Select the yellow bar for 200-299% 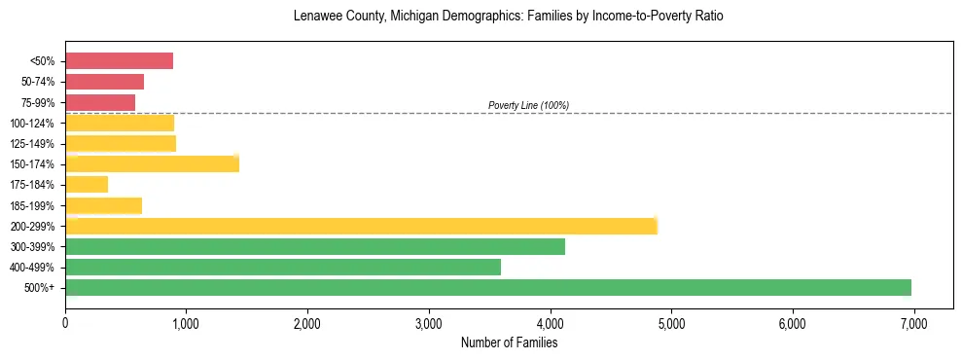pos(361,226)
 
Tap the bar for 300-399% pos(315,246)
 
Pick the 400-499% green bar pos(283,267)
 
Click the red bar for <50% pos(119,61)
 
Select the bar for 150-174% pos(152,163)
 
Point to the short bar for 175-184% pos(87,184)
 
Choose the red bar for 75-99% pos(100,102)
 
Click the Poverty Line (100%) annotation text pos(528,105)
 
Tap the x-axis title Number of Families pos(509,342)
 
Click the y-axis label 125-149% pos(33,144)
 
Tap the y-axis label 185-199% pos(33,205)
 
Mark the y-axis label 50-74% pos(37,82)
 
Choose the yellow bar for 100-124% pos(120,123)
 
